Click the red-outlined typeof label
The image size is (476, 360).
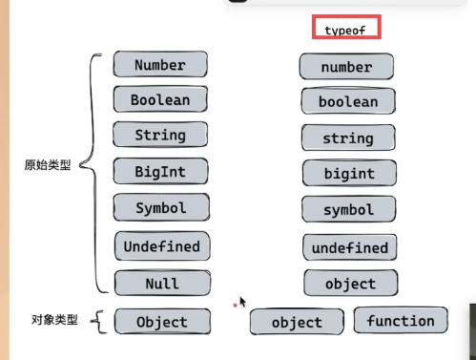346,29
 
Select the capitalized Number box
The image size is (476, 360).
160,65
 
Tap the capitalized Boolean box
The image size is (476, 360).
160,99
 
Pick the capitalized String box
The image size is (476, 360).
160,135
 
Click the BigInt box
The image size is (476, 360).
160,171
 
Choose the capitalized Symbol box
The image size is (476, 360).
160,206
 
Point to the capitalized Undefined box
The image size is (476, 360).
161,246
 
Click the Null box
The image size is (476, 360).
161,284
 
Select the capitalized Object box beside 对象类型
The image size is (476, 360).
161,322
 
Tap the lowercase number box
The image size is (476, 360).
347,67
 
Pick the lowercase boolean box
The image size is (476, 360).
348,101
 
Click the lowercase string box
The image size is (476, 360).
348,138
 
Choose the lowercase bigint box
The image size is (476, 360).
348,174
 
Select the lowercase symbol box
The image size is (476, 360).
348,209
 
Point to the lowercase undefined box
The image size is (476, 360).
349,248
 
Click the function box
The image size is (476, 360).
400,321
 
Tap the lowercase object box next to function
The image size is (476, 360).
297,323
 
